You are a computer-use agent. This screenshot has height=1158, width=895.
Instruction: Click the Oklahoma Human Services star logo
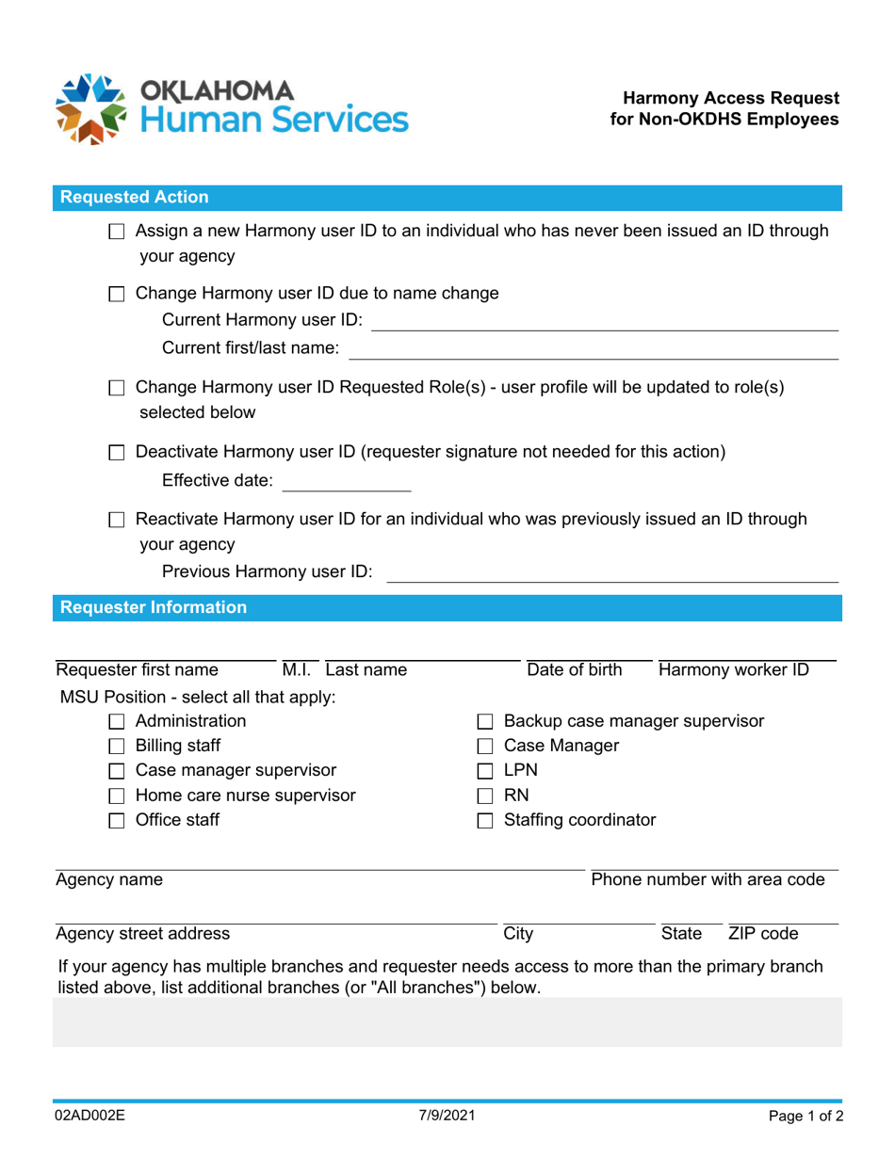coord(91,108)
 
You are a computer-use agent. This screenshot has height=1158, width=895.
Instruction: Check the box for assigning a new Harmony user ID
coord(117,232)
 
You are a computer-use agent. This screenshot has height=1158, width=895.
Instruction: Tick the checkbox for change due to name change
coord(117,294)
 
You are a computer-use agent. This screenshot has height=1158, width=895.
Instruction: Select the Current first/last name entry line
coord(594,350)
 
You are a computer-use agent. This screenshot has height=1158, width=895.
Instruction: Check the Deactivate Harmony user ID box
coord(117,453)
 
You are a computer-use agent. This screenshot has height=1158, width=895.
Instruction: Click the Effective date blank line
coord(347,483)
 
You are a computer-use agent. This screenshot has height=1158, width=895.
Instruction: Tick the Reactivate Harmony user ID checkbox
coord(117,520)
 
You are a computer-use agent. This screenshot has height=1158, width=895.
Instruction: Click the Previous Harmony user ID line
coord(612,573)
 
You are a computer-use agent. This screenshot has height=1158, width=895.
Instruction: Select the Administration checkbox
coord(117,723)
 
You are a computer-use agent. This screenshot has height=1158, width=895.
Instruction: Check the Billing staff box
coord(117,748)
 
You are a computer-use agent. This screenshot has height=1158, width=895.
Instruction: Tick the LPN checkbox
coord(485,772)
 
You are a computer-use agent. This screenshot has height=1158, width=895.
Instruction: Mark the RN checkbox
coord(485,796)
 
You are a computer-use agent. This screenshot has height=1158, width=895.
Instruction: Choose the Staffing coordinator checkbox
coord(485,821)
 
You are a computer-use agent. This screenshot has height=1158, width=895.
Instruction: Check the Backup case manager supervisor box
coord(485,723)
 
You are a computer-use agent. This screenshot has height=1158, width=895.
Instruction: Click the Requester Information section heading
coord(154,608)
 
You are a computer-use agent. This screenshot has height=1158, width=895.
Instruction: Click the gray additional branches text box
coord(447,1022)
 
